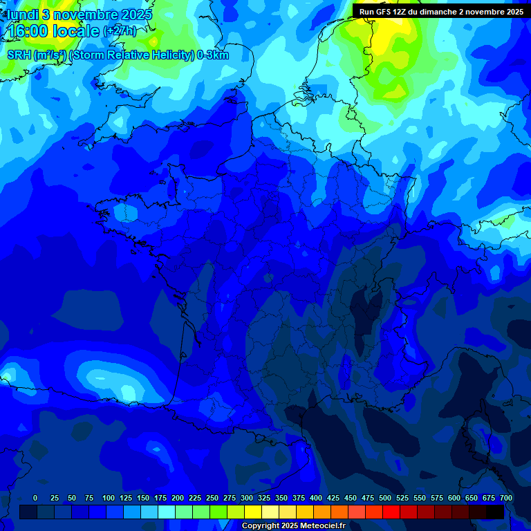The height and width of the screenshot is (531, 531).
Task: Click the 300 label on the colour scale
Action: tap(247, 498)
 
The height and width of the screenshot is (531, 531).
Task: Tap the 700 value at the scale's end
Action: tap(505, 498)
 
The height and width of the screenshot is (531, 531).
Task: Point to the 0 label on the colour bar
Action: tap(35, 498)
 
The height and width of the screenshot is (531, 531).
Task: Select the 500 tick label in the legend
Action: tap(385, 498)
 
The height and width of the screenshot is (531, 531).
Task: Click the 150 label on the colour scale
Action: tap(143, 498)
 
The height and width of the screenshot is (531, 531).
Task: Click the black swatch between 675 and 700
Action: tap(494, 512)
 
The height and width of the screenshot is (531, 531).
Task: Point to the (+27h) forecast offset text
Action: tap(120, 32)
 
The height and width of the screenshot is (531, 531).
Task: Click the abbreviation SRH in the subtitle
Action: tap(19, 55)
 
